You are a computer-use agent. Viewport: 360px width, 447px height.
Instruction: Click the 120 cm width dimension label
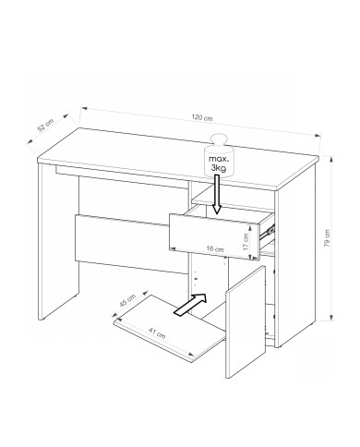202,117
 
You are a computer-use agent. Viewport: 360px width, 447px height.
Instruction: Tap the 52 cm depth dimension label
45,125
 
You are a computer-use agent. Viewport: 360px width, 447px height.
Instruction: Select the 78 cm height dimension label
327,238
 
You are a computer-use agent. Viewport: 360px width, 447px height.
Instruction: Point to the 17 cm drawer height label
246,242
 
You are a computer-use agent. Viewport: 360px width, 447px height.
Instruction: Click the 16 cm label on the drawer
215,248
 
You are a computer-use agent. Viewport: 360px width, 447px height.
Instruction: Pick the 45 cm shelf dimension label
127,300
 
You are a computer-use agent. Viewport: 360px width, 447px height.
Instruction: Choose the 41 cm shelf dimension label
157,333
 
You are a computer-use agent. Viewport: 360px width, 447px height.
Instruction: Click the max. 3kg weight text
219,163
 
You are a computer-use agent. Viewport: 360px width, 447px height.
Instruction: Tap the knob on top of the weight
219,139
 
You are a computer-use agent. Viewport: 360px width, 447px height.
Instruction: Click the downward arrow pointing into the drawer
217,194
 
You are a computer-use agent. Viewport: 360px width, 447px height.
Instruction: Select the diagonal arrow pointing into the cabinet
190,305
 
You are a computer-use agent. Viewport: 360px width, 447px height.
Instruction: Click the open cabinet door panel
246,322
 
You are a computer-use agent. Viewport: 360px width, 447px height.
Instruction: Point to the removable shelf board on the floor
170,329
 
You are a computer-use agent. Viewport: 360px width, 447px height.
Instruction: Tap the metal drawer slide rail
267,231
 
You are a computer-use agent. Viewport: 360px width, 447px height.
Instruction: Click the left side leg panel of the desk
58,242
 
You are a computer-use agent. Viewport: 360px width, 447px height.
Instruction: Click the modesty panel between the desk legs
131,243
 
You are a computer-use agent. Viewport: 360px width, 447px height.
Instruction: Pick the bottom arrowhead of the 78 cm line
331,317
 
